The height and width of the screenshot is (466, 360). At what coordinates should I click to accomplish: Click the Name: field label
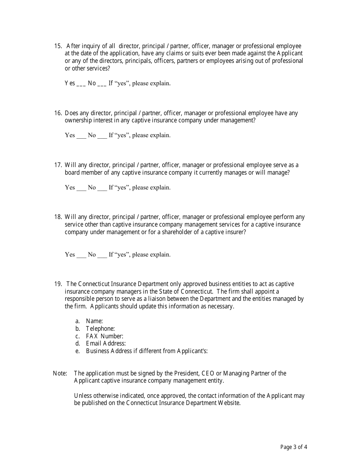[x=94, y=321]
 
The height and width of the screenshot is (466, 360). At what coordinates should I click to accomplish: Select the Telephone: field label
[x=100, y=328]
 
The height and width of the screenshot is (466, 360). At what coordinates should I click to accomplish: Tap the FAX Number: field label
[x=105, y=336]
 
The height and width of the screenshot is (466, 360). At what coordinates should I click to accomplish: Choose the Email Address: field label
[x=106, y=343]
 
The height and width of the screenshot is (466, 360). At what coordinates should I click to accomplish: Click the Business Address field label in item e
[x=147, y=351]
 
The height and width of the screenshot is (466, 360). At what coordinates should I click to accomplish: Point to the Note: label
[x=60, y=373]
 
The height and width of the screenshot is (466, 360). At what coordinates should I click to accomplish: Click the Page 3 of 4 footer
[x=294, y=447]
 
